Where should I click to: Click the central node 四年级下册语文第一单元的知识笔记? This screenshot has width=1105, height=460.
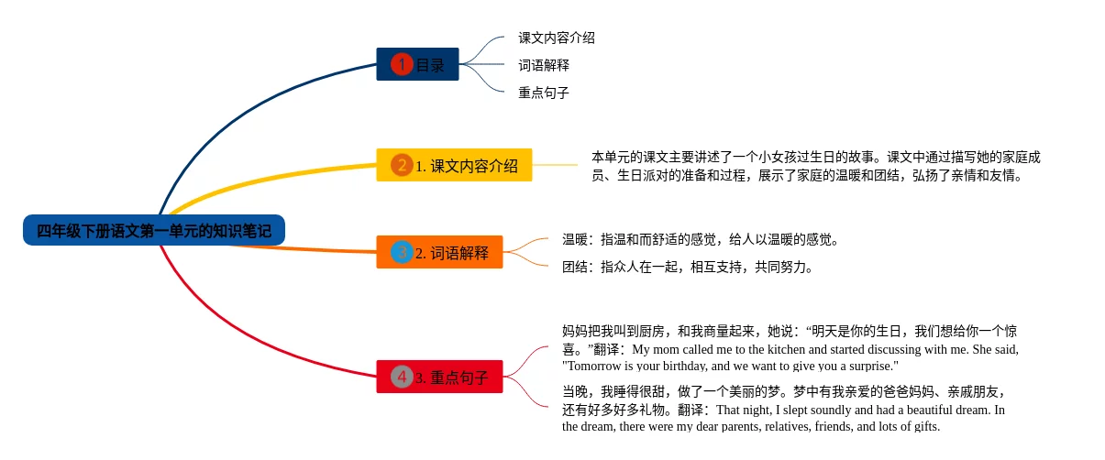(154, 230)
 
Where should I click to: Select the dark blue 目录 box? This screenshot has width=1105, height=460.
(417, 64)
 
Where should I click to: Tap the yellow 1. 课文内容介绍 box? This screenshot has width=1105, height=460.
(454, 165)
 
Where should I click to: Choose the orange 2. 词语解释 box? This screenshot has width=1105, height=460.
(439, 252)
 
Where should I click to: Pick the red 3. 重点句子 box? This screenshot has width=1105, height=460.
(439, 377)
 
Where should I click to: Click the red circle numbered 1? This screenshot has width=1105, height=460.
(402, 64)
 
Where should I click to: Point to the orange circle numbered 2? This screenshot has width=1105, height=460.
(402, 165)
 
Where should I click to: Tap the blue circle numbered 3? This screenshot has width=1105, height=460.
(402, 252)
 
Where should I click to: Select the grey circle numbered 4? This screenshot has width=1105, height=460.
(402, 377)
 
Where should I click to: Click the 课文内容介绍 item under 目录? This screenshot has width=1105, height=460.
(557, 38)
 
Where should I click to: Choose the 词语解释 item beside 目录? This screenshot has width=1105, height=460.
(544, 65)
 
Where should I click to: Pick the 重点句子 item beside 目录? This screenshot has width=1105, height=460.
(544, 93)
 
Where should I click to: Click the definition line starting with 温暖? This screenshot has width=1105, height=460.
(701, 240)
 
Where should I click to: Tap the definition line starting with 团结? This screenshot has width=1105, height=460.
(688, 268)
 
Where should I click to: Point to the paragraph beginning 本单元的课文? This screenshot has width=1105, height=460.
(816, 166)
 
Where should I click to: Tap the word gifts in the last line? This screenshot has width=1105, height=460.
(923, 426)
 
